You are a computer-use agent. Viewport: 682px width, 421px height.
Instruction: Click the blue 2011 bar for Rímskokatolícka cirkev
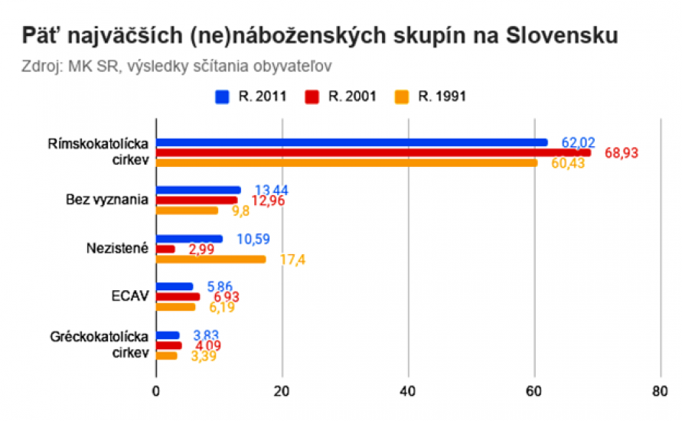(352, 142)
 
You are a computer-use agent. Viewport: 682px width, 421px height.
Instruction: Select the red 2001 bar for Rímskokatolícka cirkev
(373, 152)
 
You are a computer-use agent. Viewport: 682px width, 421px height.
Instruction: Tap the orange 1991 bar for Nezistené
(211, 259)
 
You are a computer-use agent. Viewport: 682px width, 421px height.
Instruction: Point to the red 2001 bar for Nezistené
(165, 249)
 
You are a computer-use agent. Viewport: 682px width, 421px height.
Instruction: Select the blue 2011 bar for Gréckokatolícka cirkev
(168, 335)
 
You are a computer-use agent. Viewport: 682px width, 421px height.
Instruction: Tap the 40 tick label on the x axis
(408, 390)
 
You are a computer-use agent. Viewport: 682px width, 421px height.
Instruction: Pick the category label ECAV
(129, 296)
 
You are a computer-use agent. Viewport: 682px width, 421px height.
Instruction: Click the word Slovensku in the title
(553, 37)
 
